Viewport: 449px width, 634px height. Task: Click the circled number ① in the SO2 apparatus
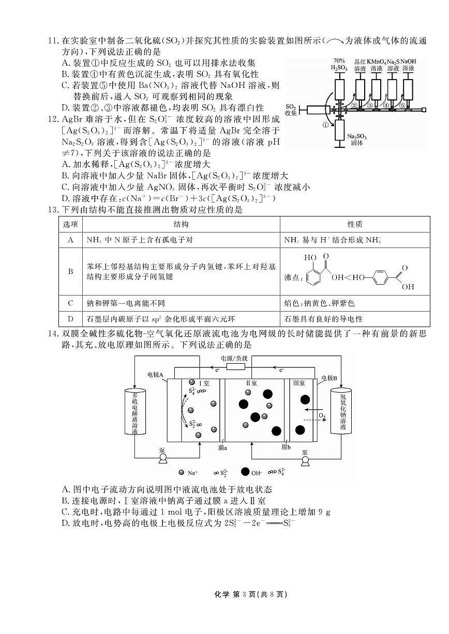[x=326, y=124]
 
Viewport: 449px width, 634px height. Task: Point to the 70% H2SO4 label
[x=339, y=64]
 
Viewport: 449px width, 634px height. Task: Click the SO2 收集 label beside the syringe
[x=291, y=110]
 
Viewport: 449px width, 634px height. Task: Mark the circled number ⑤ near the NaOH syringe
[x=402, y=105]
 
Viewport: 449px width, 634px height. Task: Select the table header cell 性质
[x=355, y=224]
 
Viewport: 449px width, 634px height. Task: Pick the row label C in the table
[x=70, y=303]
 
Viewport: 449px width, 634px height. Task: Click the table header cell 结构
[x=181, y=224]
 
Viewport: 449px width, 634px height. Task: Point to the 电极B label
[x=329, y=378]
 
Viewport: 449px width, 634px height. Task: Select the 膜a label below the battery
[x=223, y=447]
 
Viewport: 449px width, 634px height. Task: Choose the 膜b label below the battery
[x=286, y=447]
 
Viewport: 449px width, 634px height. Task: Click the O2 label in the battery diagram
[x=322, y=415]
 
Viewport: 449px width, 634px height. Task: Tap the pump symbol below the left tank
[x=163, y=459]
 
